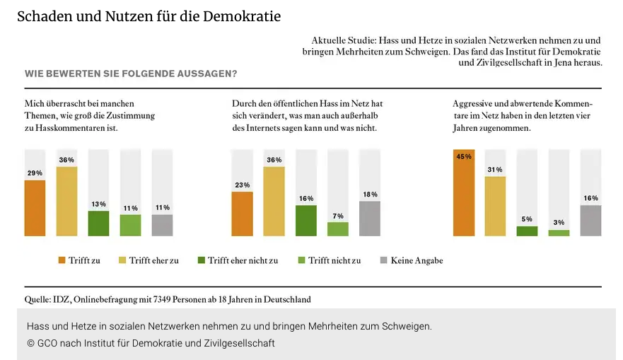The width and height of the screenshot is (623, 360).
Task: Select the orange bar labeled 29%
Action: click(x=35, y=208)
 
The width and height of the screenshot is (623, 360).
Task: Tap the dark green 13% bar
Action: click(x=98, y=223)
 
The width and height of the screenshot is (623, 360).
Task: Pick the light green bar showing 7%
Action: click(x=338, y=229)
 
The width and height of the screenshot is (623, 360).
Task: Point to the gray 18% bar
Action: click(x=370, y=219)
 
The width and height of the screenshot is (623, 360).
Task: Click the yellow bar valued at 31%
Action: click(x=496, y=206)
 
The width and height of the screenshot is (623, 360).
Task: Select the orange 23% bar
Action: click(x=242, y=214)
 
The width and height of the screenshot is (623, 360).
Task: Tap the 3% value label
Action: click(x=559, y=223)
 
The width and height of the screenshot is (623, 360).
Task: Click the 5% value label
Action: click(x=527, y=219)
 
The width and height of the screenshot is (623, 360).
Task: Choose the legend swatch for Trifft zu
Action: click(x=62, y=260)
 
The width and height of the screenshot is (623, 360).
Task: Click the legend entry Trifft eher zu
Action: click(x=153, y=260)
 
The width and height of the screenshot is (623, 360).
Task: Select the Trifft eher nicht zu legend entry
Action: click(x=243, y=260)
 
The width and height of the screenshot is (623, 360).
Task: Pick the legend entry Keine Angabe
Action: click(x=417, y=260)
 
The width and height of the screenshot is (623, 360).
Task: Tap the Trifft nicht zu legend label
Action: click(x=334, y=260)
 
